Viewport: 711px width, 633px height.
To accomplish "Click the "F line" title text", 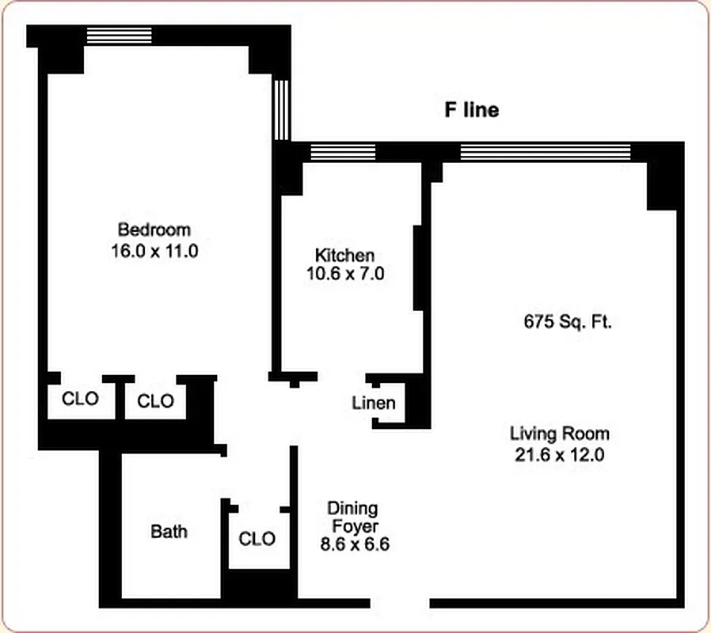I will pos(471,110).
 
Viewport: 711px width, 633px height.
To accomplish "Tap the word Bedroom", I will pos(154,230).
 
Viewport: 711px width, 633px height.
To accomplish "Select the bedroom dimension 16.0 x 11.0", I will pos(154,252).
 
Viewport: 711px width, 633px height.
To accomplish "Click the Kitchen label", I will pos(344,256).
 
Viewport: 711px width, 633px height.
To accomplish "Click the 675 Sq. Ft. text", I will pos(568,322).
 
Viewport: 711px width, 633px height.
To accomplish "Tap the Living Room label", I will pos(560,434).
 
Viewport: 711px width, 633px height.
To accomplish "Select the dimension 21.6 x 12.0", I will pos(560,455).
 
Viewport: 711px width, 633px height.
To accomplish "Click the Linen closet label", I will pos(374,404).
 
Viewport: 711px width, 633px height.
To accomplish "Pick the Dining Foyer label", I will pos(353,517).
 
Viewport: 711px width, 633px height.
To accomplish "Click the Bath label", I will pos(169,531).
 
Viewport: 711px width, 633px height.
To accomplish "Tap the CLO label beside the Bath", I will pos(257,539).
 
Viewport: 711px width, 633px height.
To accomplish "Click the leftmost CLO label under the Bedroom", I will pos(81,399).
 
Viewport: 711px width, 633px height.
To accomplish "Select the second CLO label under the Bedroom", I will pos(155,401).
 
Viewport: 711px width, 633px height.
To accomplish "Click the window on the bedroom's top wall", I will pos(119,35).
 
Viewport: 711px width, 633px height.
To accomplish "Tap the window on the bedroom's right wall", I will pos(281,109).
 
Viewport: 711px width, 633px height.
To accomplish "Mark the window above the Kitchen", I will pos(343,152).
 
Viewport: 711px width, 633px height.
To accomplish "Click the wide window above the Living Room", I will pos(546,152).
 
